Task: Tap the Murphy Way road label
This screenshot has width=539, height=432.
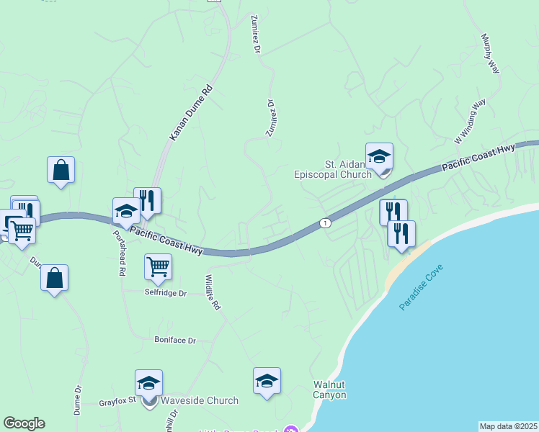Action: coord(491,53)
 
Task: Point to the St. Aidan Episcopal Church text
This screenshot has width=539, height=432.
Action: coord(333,169)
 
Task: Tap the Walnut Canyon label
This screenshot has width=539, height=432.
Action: coord(329,390)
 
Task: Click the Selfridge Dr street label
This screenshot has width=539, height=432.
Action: coord(165,293)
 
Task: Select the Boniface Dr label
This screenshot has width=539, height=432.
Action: coord(175,340)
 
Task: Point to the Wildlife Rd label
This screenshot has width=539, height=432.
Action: coord(211,292)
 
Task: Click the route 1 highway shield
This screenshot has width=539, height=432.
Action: coord(326,223)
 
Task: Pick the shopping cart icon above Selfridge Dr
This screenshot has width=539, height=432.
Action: coord(158,267)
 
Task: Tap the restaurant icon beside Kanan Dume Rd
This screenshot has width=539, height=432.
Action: coord(147,201)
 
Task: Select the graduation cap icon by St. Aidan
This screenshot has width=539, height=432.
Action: coord(379,156)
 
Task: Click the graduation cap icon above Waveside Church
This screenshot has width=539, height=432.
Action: coord(148,383)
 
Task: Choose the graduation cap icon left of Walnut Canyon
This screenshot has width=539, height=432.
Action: coord(267,381)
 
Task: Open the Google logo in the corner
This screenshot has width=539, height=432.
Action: coord(24,423)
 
